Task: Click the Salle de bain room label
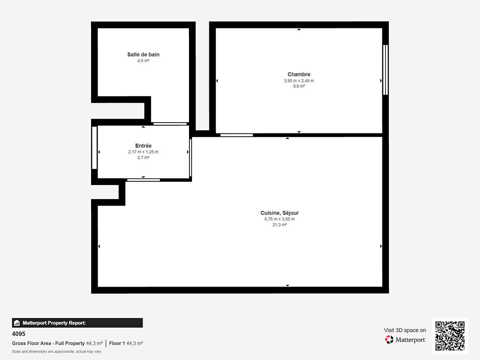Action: (143, 54)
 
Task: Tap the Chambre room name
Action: (299, 74)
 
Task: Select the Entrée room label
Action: (143, 146)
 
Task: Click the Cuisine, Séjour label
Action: (279, 213)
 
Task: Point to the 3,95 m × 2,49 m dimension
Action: (299, 81)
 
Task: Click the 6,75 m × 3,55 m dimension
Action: (279, 219)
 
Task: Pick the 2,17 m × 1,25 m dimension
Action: (143, 152)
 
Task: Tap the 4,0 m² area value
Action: (143, 61)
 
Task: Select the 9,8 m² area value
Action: (299, 86)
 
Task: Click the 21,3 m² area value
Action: (279, 225)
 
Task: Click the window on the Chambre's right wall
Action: (385, 70)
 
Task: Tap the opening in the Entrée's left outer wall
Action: (94, 148)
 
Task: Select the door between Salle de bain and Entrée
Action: (170, 124)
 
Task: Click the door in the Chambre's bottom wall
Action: (237, 135)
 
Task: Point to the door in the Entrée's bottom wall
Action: (143, 180)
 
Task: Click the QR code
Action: (450, 336)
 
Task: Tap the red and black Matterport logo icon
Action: (389, 339)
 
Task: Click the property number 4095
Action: (19, 334)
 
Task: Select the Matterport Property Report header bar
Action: (77, 323)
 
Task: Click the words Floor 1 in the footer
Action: (117, 343)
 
